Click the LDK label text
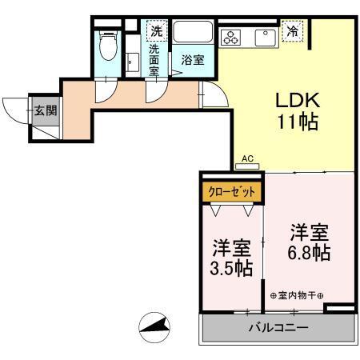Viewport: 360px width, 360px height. pos(298,101)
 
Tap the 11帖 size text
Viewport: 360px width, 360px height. pos(298,122)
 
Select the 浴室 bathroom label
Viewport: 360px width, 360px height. pos(192,60)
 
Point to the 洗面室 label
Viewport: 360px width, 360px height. pos(155,59)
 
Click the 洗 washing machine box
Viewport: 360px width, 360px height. pos(156,31)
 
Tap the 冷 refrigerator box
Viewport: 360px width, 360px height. pos(294,32)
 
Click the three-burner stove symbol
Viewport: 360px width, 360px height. pos(233,36)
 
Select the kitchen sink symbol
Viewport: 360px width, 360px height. pos(264,35)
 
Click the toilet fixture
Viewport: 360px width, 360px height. pos(107,46)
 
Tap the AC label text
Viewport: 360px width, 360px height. pos(247,159)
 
